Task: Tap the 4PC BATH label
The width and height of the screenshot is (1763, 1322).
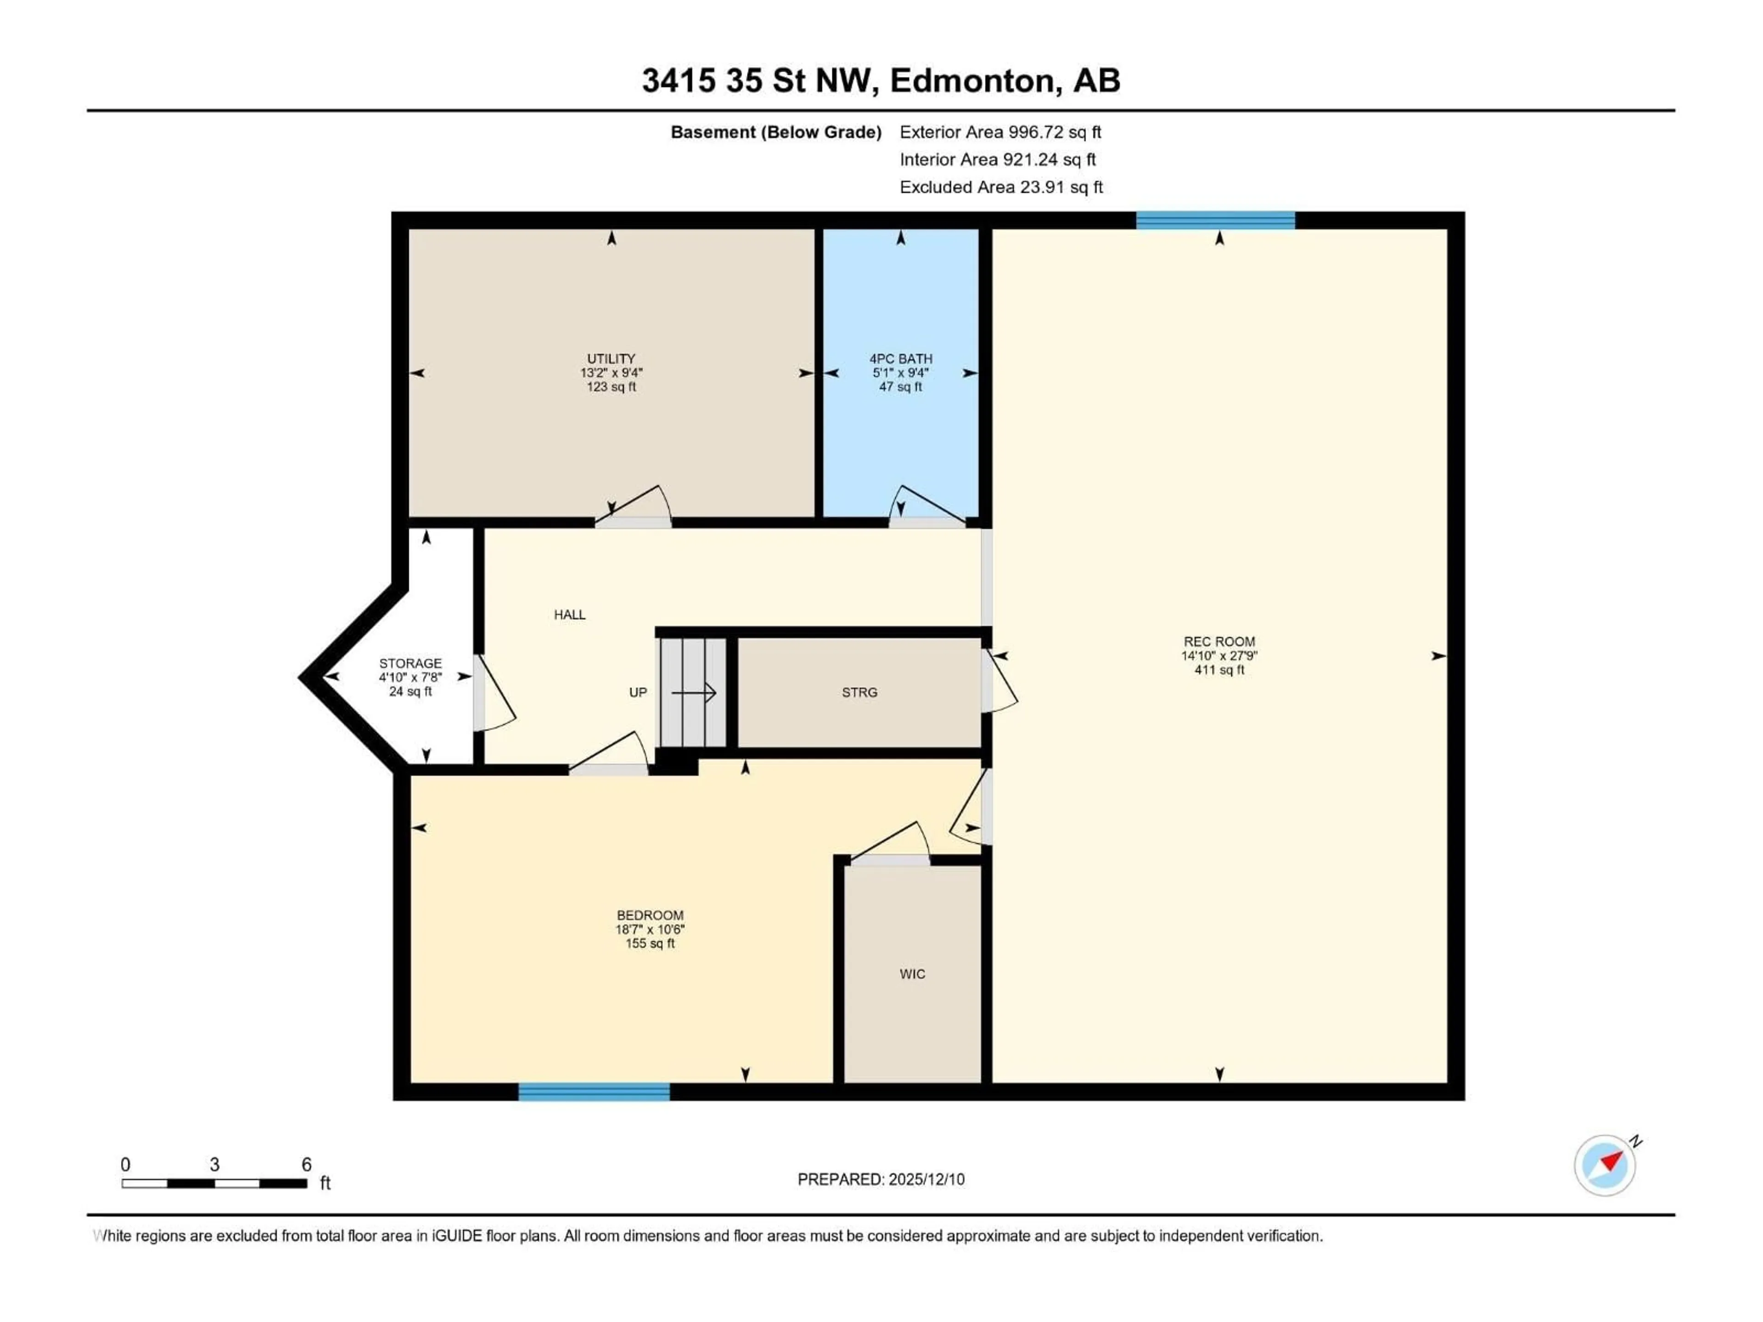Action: (901, 359)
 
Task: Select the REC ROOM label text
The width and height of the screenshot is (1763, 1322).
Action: (1218, 641)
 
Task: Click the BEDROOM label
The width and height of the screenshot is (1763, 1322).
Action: (650, 916)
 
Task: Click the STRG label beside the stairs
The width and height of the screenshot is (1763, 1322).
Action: (859, 693)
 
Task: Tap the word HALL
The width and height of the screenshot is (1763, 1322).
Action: (569, 614)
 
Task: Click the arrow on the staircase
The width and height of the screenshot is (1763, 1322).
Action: (693, 693)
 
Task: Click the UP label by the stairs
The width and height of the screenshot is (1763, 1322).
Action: (638, 693)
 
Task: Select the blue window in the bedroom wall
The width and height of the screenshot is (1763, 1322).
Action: (594, 1092)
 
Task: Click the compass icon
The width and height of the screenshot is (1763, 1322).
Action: (1605, 1165)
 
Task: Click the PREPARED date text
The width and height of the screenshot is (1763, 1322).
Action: (881, 1179)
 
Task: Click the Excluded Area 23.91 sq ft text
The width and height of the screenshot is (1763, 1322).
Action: (1000, 187)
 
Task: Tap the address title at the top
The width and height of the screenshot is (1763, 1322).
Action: (881, 80)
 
